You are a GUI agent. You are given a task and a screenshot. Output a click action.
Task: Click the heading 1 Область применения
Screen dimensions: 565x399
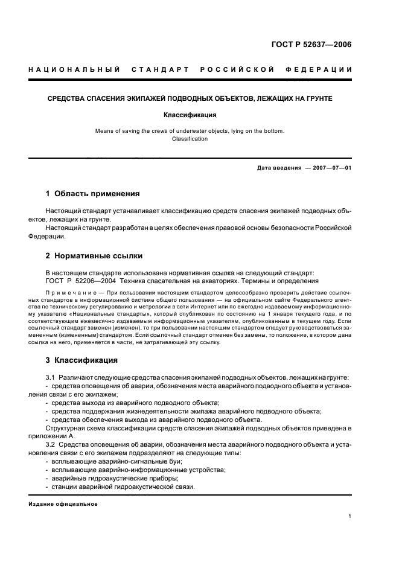click(93, 194)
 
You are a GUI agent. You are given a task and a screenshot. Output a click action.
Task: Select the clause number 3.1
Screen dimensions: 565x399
click(51, 377)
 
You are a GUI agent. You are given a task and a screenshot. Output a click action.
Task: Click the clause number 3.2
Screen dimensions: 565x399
click(51, 444)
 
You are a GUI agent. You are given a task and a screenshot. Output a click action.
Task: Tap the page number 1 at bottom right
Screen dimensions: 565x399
click(350, 516)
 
